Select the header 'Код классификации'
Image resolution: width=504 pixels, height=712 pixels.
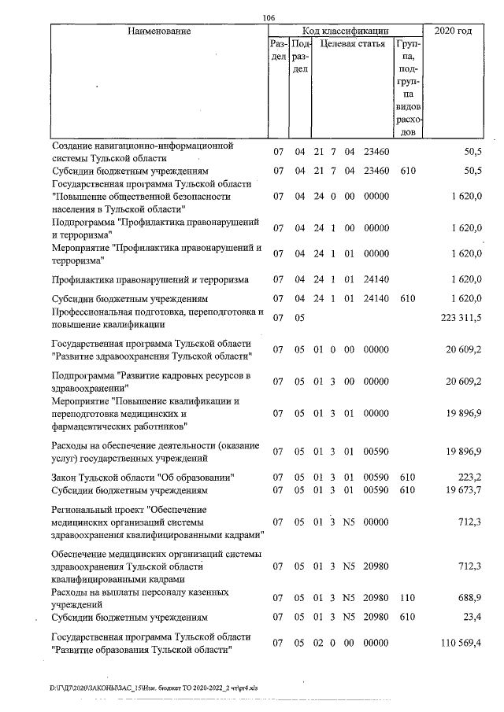point(342,31)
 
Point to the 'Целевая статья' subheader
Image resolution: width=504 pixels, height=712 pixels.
point(351,45)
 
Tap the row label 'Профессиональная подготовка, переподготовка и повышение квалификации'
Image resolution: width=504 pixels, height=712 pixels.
point(156,318)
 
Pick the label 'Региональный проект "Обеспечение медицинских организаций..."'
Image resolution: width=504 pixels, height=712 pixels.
point(156,522)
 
